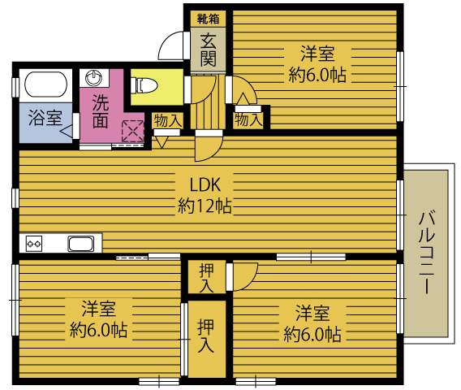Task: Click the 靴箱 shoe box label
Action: pos(208,19)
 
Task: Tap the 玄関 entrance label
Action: pos(208,50)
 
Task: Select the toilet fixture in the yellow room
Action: pos(144,85)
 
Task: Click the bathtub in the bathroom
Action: pos(45,84)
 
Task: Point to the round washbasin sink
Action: pos(93,78)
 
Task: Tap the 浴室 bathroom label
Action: pos(45,118)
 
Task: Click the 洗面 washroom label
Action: pos(101,111)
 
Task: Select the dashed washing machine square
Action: pos(133,132)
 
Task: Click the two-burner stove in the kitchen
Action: pos(34,244)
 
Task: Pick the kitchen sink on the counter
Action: pos(81,244)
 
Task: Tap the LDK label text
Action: pos(205,185)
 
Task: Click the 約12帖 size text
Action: pos(205,206)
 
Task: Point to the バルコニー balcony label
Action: pos(427,252)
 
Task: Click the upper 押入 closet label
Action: pos(207,278)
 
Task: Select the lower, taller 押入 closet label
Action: pos(206,336)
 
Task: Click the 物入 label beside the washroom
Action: pos(167,121)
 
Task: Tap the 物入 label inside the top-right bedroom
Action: pos(248,120)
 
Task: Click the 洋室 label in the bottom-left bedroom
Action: pos(98,309)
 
